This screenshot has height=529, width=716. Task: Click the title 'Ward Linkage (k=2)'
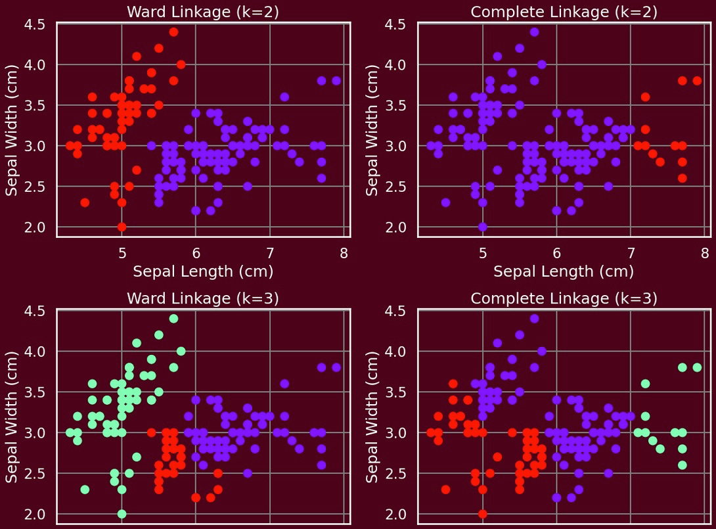pos(203,12)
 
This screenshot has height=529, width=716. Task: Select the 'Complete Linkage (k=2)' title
pos(564,12)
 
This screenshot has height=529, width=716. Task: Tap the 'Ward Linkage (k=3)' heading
pos(203,298)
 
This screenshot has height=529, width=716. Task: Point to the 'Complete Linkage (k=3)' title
pos(564,298)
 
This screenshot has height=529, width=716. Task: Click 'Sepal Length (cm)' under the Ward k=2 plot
pos(203,271)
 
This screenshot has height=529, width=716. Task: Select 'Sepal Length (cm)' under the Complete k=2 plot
pos(564,271)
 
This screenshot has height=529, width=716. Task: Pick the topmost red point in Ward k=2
pos(173,32)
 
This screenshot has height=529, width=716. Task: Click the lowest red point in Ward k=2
pos(122,227)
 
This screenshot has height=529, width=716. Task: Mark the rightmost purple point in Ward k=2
pos(336,81)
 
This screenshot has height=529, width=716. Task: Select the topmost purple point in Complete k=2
pos(534,32)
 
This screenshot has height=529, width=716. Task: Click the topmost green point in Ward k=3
pos(173,319)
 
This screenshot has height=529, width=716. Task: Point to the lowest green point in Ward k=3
pos(122,513)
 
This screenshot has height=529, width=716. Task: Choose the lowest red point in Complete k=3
pos(483,513)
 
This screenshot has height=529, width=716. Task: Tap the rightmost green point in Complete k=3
pos(697,367)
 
